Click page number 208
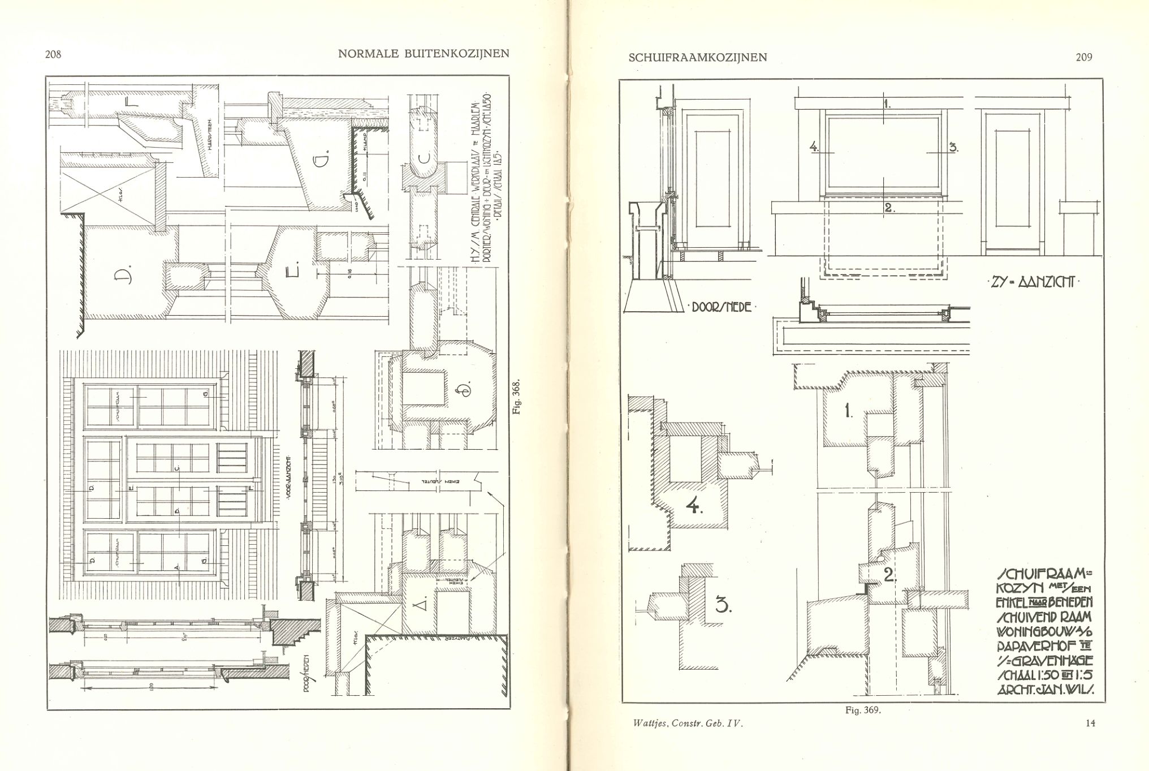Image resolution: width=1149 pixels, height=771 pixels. [53, 55]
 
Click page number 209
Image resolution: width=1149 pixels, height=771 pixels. [1085, 57]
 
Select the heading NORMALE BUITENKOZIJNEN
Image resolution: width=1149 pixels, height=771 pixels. [424, 54]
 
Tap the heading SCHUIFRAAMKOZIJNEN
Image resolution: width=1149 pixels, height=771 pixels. [698, 58]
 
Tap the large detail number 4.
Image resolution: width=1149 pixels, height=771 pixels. [694, 505]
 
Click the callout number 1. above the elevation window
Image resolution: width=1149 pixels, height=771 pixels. [887, 104]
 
